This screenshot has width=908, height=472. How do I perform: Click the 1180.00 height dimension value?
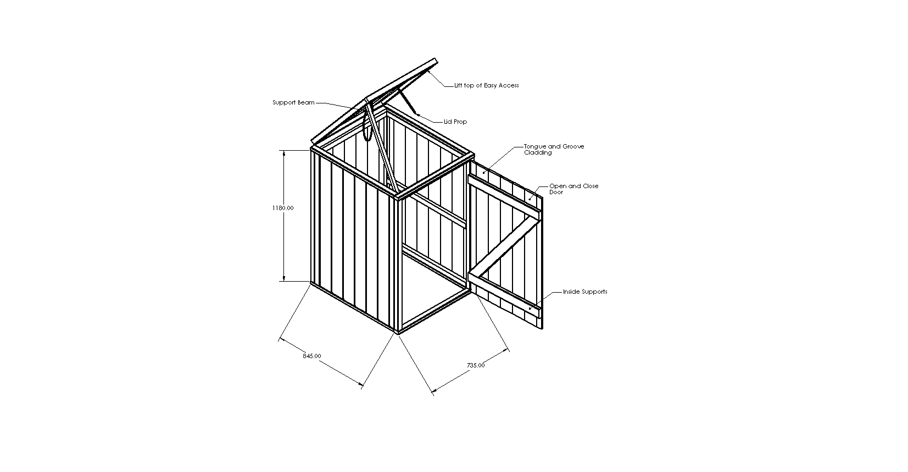283,208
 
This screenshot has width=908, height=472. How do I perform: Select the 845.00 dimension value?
311,356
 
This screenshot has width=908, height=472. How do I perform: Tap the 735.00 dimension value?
476,365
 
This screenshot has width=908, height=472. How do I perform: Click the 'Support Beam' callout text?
293,103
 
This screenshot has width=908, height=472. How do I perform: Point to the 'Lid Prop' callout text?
455,122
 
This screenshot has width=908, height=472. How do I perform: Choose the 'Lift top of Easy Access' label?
487,85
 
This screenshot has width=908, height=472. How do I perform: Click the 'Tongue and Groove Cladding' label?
554,149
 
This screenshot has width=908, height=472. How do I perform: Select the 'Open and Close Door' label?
573,189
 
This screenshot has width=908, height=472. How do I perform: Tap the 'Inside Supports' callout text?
585,292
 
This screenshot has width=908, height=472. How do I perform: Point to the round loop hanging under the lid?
367,126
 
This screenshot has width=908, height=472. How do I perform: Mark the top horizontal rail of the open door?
504,194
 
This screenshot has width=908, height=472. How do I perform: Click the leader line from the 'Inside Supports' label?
545,300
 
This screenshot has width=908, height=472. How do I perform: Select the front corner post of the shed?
397,265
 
